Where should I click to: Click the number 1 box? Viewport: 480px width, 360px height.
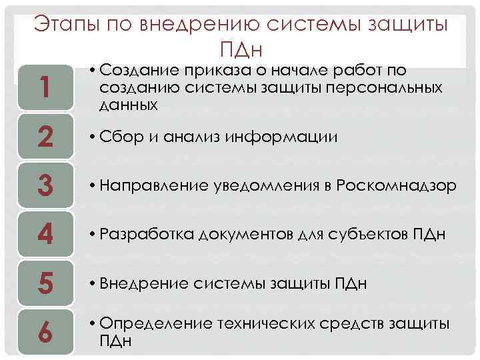[45, 87]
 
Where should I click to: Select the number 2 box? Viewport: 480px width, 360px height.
[45, 137]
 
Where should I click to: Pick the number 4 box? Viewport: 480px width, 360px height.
[45, 235]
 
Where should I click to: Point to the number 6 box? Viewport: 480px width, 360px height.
[45, 331]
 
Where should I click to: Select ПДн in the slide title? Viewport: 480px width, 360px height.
[239, 50]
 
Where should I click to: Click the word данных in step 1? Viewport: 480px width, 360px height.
[127, 105]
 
